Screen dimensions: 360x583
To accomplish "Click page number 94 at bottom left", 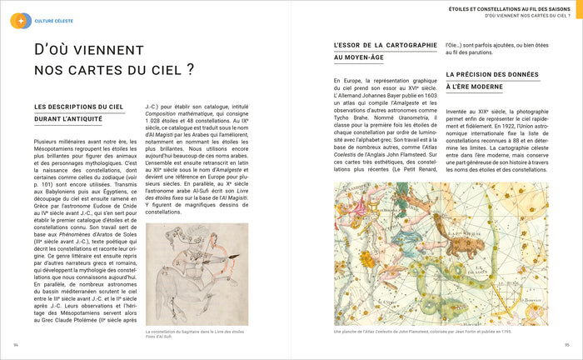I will pos(15,344).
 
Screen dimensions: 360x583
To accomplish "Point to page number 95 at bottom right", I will pos(566,344).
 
